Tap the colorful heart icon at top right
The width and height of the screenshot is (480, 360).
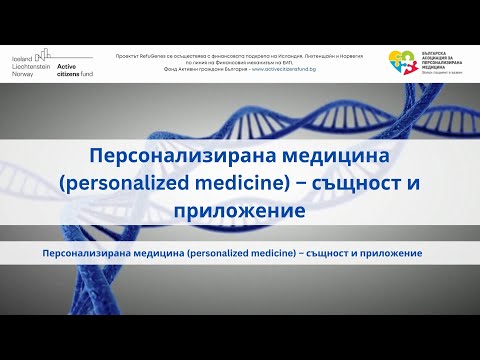coord(403,61)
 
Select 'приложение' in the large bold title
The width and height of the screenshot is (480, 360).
coord(239,213)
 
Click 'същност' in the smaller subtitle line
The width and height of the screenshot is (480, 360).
coord(328,255)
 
